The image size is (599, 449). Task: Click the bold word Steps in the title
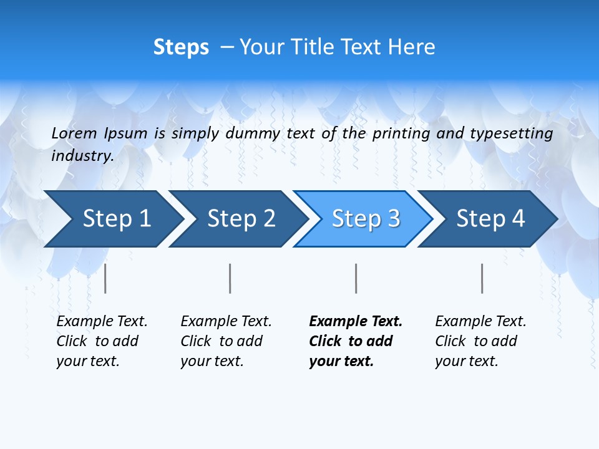[181, 47]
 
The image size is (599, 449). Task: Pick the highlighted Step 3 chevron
[366, 219]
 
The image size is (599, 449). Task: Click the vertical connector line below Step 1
[105, 278]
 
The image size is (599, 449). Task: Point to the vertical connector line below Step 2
[230, 278]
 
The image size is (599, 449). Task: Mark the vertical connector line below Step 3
[356, 278]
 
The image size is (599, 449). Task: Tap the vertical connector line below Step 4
[482, 278]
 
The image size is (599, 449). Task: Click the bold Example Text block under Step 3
[356, 341]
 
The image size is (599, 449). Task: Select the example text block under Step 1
[102, 341]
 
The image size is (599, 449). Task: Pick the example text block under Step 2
[226, 341]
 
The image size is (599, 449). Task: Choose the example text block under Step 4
[480, 341]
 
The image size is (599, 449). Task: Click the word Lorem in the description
[74, 133]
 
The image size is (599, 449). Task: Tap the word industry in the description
[82, 155]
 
